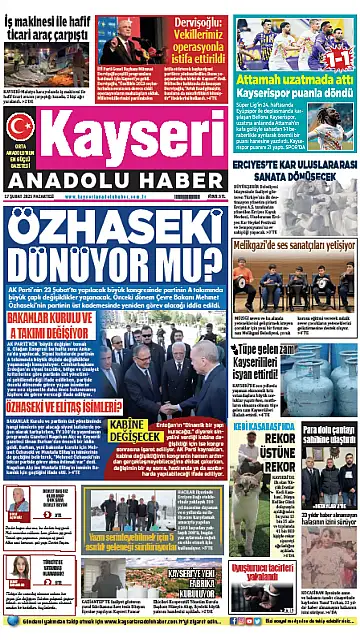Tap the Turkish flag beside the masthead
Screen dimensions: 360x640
[19, 126]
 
